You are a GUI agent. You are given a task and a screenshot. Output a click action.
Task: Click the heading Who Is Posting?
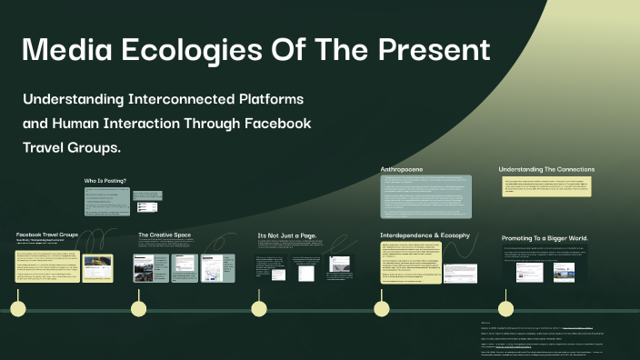coord(105,180)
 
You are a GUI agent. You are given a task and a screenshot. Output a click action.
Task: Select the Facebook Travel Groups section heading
coord(47,235)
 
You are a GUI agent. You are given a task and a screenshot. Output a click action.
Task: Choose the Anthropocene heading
coord(401,169)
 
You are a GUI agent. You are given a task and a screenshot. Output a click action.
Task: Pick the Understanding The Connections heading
coord(546,169)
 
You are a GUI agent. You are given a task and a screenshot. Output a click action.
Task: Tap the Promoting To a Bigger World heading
coord(545,238)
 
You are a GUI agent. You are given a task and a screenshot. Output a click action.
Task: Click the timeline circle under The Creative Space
coord(138,309)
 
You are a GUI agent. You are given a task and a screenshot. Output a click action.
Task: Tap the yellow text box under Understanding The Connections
coord(546,187)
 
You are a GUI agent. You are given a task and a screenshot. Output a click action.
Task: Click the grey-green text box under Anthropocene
coord(426,196)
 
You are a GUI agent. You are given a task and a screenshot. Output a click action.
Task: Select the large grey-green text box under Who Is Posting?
coord(106,202)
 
